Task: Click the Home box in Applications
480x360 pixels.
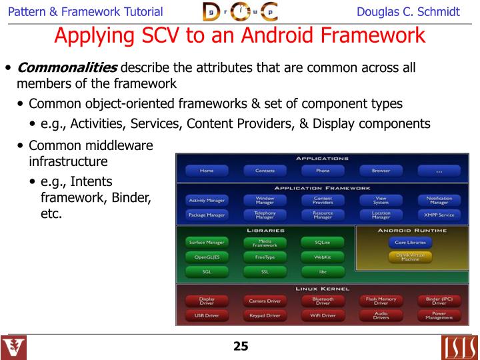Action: (207, 171)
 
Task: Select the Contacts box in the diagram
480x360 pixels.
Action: (265, 171)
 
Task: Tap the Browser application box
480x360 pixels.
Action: (381, 171)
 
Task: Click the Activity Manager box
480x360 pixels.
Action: (207, 200)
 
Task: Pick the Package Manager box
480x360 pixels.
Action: (207, 215)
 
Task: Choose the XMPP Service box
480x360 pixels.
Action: (439, 215)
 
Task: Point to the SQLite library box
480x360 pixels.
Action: (322, 242)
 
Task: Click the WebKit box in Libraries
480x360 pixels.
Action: (322, 257)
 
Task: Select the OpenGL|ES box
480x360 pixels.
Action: (207, 257)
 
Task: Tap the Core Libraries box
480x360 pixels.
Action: (410, 243)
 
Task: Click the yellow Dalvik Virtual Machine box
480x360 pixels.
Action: (410, 257)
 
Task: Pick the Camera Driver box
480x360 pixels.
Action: (265, 301)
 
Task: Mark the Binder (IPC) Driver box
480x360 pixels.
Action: (439, 301)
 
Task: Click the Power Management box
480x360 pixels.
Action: (439, 315)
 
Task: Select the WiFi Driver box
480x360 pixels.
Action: (322, 315)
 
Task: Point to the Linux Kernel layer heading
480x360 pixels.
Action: (322, 289)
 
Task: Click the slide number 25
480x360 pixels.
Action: (240, 346)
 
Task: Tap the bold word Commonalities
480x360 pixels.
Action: (67, 68)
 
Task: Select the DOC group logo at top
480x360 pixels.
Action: (240, 11)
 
